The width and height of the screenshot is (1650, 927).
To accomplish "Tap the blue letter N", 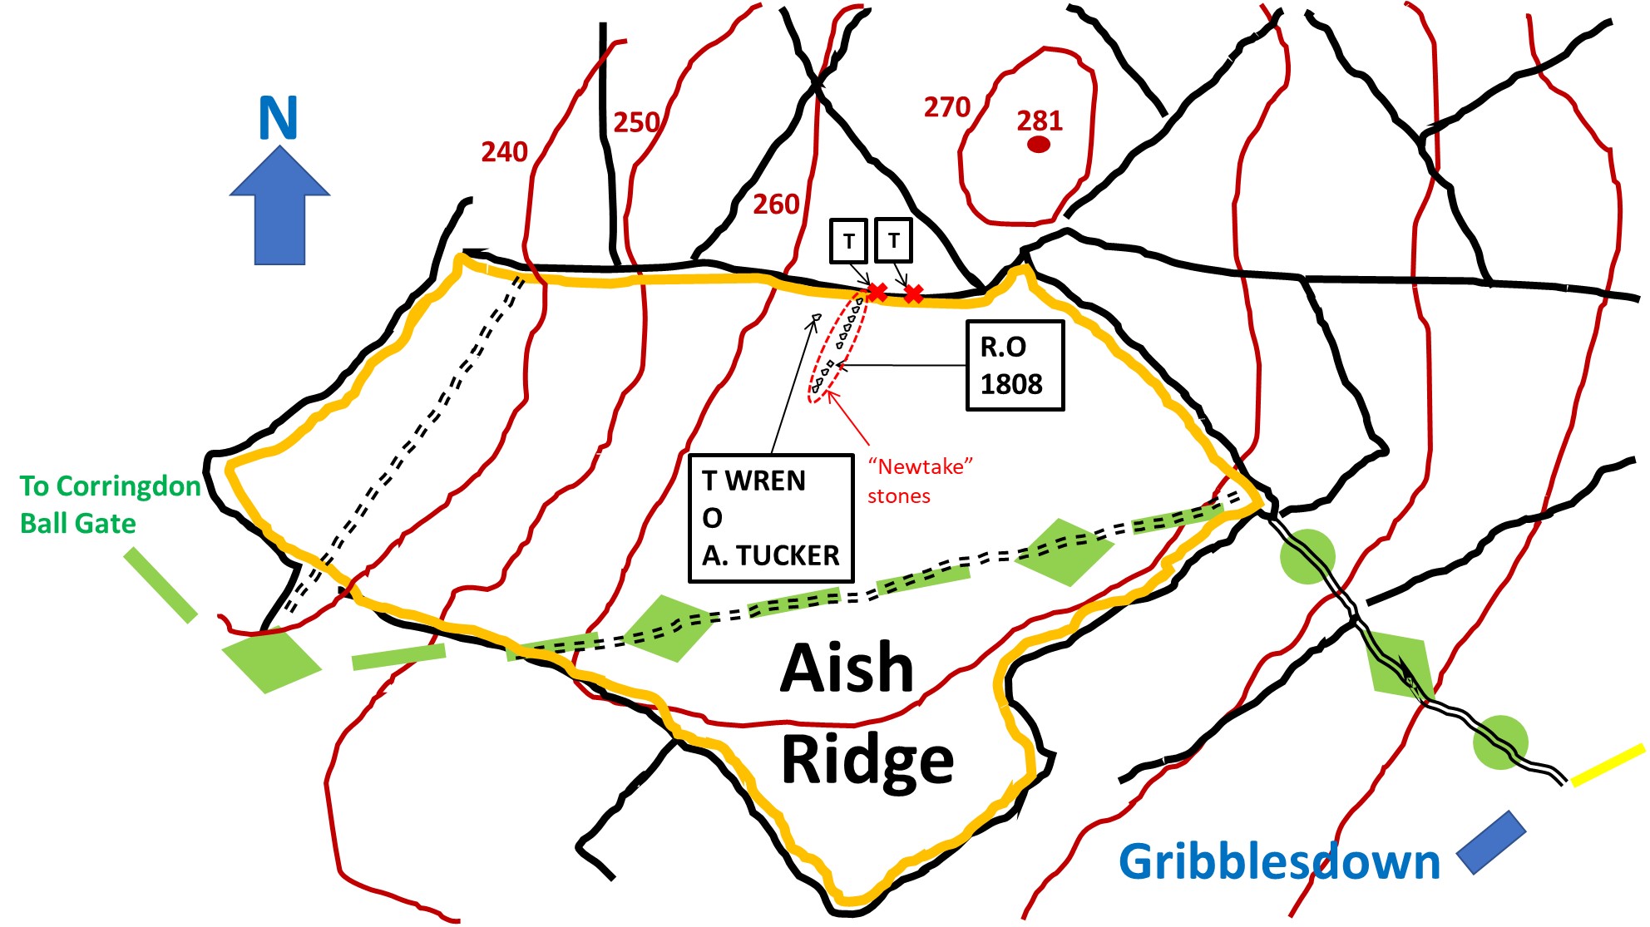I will tap(278, 119).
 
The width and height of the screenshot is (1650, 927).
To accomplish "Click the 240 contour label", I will tap(504, 152).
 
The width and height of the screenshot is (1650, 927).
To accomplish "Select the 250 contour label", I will tap(636, 123).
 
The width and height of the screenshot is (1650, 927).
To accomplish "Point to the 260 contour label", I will tap(776, 205).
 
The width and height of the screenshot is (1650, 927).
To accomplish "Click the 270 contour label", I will tap(947, 107).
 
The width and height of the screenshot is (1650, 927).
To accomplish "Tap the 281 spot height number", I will tap(1040, 121).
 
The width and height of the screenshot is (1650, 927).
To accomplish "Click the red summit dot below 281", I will tap(1039, 145).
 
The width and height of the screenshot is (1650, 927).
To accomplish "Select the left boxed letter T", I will tap(849, 241).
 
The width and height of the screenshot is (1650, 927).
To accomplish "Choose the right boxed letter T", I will tap(893, 240).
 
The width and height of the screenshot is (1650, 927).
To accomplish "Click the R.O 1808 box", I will tap(1015, 366).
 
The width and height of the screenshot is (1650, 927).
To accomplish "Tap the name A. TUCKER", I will tap(771, 555).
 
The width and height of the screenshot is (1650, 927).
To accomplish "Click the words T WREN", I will tap(753, 481).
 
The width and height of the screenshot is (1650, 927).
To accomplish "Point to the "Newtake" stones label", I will tap(919, 481).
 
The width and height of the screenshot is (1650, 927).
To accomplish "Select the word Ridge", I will tap(867, 761).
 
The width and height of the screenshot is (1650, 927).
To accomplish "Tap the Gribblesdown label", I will tap(1279, 862).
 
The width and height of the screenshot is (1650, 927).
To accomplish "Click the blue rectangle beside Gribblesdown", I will tap(1491, 842).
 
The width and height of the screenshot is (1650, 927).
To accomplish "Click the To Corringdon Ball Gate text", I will tap(110, 505).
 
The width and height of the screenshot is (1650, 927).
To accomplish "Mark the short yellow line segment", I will tap(1608, 765).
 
